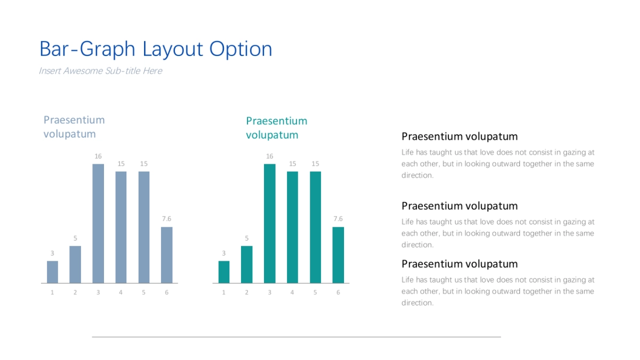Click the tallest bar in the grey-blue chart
[x=98, y=223]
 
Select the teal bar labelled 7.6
[x=338, y=255]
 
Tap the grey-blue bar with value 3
[x=52, y=272]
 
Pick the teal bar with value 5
[x=246, y=265]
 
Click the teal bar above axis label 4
[x=292, y=227]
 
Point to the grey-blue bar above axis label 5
[x=143, y=227]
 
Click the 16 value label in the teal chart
[x=269, y=156]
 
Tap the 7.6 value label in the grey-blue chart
[x=166, y=219]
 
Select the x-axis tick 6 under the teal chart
[x=338, y=292]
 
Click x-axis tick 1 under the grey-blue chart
[x=52, y=292]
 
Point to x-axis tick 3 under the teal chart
[x=269, y=292]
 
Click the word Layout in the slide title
[x=173, y=49]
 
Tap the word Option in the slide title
[x=241, y=49]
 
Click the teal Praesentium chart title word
[x=277, y=121]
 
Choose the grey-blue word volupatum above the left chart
[x=69, y=134]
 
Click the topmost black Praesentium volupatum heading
[x=459, y=137]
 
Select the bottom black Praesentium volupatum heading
[x=459, y=264]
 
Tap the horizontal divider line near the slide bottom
[x=297, y=337]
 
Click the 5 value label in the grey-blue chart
[x=75, y=238]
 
